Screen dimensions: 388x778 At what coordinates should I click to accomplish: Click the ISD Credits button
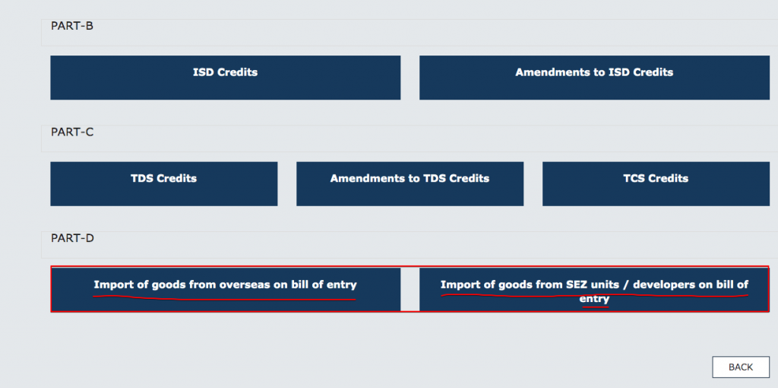point(225,77)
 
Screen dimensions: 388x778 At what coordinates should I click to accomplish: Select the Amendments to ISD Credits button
point(594,77)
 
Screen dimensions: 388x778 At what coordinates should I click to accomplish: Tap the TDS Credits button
point(163,183)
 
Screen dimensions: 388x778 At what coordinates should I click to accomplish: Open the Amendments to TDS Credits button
point(410,183)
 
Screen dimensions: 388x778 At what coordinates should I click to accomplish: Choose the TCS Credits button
point(655,183)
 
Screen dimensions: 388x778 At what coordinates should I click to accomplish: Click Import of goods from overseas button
point(225,288)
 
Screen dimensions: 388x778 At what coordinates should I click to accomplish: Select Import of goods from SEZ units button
point(594,289)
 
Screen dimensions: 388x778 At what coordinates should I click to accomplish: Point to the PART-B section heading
point(72,26)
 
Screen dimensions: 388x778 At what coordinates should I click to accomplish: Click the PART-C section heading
point(72,132)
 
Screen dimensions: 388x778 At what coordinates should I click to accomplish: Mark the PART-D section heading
point(72,237)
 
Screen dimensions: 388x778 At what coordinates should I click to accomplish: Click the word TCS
point(636,178)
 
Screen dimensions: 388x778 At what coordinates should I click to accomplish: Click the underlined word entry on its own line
point(594,299)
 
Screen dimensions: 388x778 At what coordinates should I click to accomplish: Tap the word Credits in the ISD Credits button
point(237,72)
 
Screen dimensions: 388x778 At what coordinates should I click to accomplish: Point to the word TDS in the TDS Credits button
point(143,178)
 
